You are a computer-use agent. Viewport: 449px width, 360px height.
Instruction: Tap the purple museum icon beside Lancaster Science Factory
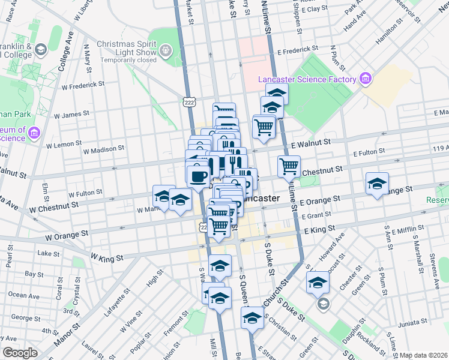point(364,79)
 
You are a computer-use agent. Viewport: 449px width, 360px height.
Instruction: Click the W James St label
point(71,114)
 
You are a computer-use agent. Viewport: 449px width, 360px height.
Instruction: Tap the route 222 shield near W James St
point(189,104)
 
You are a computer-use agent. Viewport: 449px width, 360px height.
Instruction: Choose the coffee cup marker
point(198,176)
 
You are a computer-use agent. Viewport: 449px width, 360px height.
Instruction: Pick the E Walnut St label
point(311,143)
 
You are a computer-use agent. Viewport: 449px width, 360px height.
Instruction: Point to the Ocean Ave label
point(25,295)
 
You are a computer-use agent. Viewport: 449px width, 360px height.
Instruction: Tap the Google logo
point(20,353)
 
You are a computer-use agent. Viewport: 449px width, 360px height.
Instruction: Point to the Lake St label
point(44,253)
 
